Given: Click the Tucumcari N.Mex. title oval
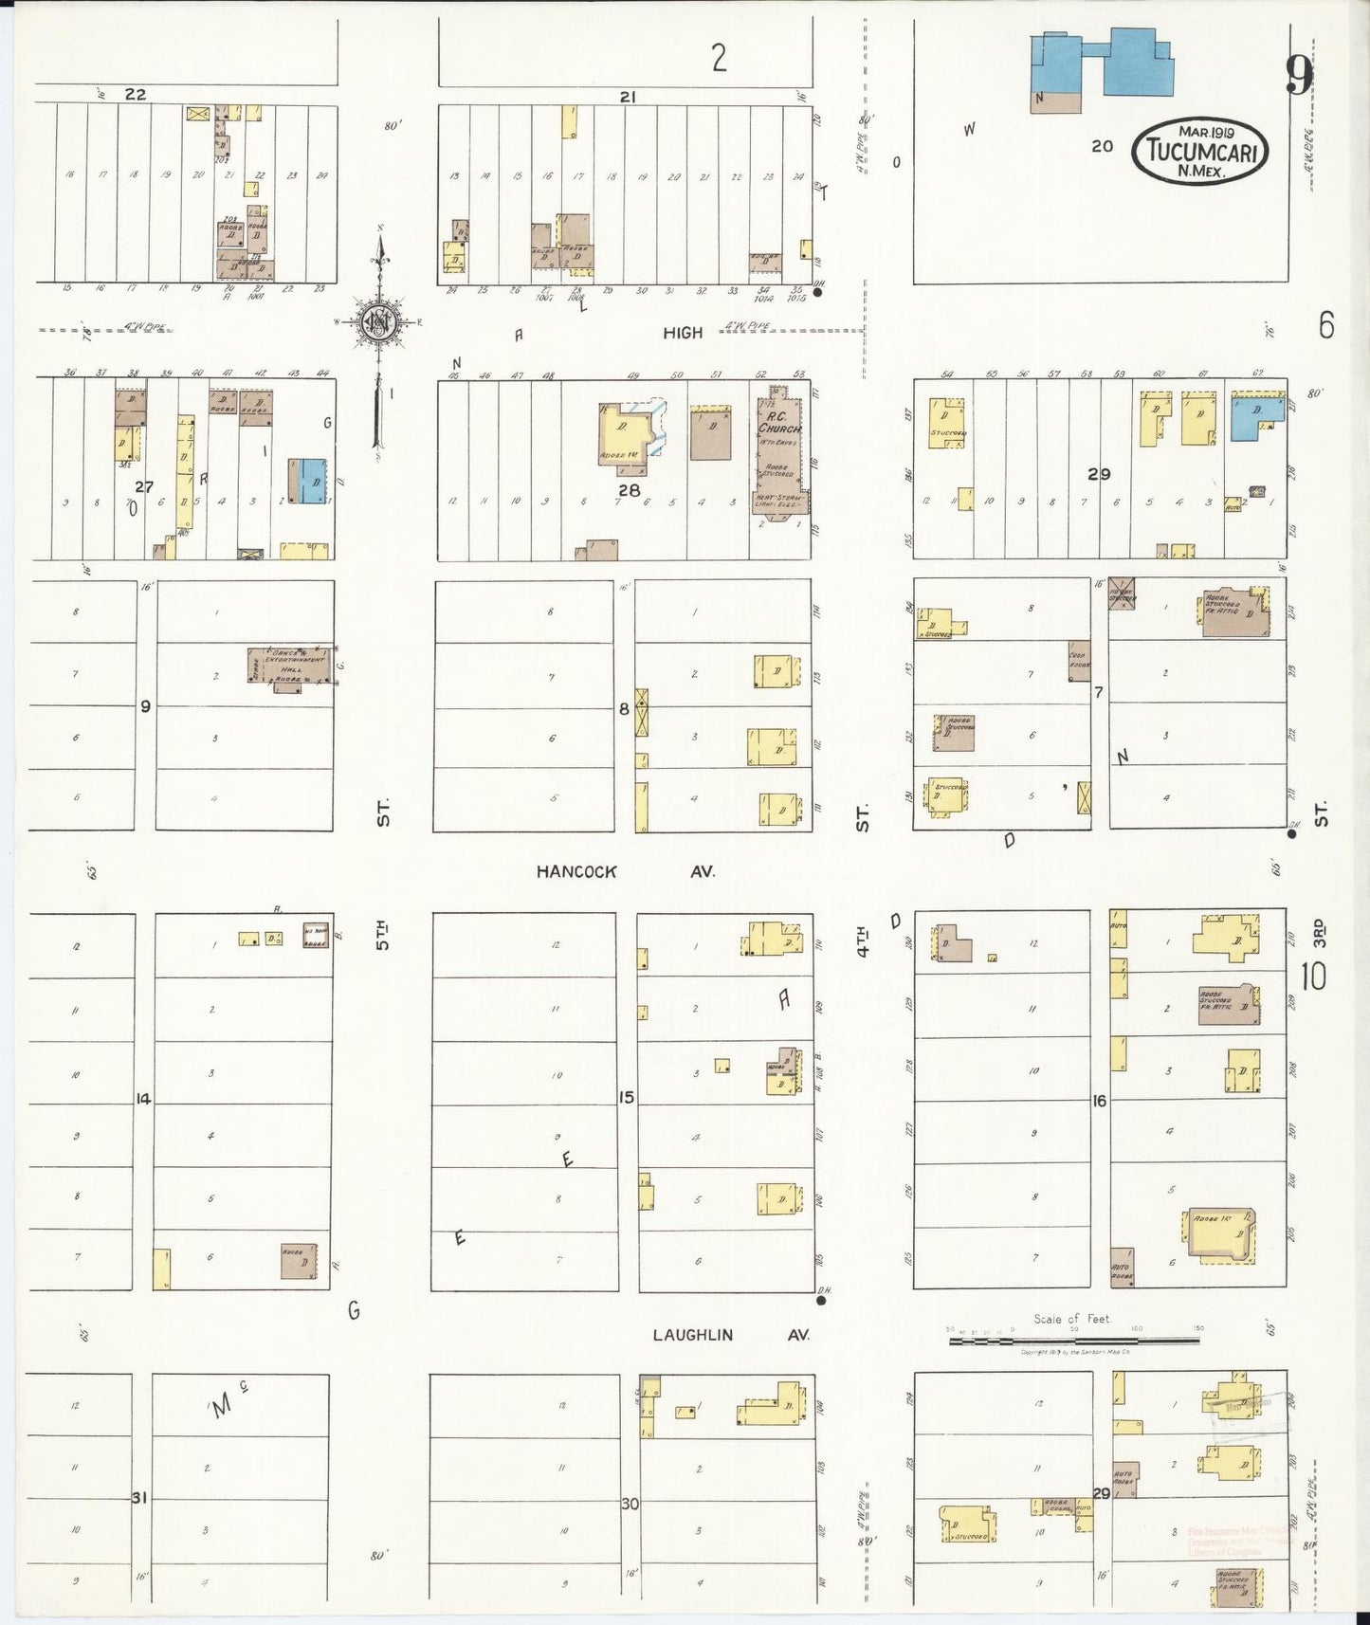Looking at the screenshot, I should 1199,151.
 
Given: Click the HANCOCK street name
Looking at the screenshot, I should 575,871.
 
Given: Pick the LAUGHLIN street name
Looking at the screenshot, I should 692,1334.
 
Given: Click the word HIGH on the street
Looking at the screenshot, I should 683,333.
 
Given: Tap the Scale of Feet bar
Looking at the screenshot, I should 1074,1341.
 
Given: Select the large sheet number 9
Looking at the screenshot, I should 1299,75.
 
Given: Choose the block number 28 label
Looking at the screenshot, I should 629,490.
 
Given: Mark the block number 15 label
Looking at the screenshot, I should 626,1098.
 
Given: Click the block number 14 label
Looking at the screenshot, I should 143,1099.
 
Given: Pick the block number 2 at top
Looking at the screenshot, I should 720,59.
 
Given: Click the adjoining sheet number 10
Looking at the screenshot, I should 1313,977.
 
